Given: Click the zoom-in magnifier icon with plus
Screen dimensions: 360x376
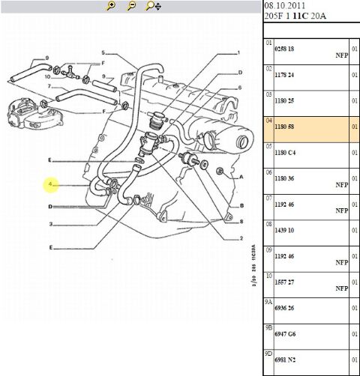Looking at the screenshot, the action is (x=111, y=5).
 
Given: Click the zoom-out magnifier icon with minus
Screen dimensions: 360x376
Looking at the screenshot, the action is (x=131, y=5).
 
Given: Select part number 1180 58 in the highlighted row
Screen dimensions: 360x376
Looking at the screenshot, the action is (x=284, y=127).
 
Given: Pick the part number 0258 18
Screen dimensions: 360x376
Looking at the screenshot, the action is (x=284, y=49).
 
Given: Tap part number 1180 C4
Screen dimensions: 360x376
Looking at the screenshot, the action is (x=285, y=152).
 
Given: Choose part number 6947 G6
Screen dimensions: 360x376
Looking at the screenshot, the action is (x=285, y=334).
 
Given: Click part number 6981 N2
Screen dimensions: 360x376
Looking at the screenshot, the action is (x=285, y=360).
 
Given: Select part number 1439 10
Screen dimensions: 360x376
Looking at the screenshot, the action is (x=284, y=230).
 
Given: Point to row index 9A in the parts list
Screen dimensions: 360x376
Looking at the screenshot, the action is (x=268, y=302).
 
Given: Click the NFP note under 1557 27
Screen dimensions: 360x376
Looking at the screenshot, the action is (x=342, y=288).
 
